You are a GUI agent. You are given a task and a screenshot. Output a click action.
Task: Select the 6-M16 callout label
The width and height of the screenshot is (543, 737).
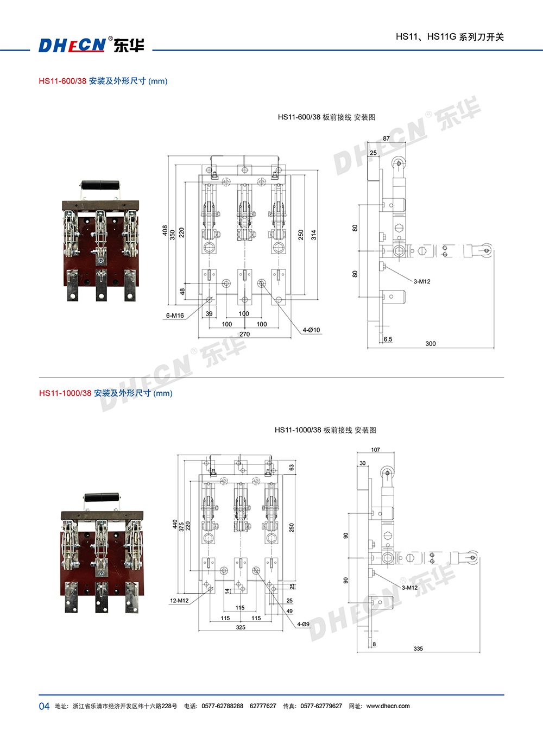click(x=175, y=316)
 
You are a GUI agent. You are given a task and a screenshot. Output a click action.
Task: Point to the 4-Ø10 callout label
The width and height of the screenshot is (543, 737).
click(x=311, y=330)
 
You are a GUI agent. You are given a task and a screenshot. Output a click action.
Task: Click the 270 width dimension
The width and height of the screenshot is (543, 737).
click(x=245, y=334)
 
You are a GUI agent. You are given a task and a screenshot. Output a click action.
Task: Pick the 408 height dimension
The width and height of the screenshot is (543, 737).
click(x=165, y=230)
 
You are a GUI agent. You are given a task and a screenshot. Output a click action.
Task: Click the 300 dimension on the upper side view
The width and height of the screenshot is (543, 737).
click(x=431, y=343)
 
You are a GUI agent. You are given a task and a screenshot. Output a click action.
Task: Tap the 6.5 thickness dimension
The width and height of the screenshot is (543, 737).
click(x=388, y=339)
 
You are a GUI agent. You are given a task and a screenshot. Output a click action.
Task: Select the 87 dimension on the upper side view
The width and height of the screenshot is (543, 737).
click(x=386, y=138)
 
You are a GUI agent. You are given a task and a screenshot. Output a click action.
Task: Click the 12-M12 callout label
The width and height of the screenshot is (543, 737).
click(x=179, y=601)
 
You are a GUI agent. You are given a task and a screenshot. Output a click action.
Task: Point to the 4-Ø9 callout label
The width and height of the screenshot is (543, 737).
click(x=303, y=624)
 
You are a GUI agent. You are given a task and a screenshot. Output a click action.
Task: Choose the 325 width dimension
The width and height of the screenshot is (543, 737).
click(x=241, y=627)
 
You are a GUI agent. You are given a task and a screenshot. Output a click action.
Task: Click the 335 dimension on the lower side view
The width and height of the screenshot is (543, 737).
click(x=418, y=648)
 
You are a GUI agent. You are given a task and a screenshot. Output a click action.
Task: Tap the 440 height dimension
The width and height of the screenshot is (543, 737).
click(x=175, y=524)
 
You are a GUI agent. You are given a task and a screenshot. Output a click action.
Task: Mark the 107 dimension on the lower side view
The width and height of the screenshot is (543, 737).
click(x=376, y=450)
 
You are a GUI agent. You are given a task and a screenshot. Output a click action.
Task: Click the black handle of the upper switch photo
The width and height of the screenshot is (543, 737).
click(x=100, y=185)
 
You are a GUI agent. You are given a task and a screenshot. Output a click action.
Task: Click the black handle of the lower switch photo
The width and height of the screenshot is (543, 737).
click(x=102, y=497)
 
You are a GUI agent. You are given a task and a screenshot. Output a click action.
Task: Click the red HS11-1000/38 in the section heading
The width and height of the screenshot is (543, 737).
click(x=65, y=393)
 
